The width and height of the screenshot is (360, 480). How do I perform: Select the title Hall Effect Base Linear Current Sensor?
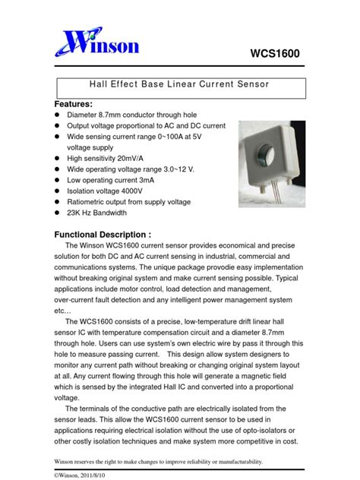[181, 87]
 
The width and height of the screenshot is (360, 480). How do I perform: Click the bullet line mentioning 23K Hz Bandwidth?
[107, 213]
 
